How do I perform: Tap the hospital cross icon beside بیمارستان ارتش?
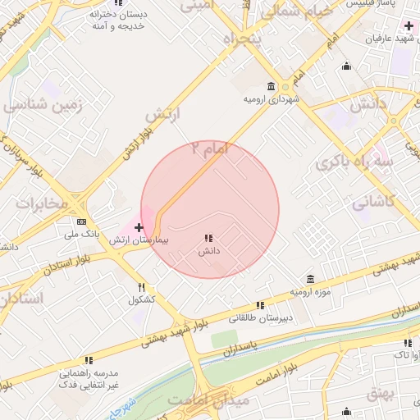139,227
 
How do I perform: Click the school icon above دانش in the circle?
208,237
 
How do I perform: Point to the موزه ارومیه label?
309,292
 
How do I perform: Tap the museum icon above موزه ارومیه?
310,279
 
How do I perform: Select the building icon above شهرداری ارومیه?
271,86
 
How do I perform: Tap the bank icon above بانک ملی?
81,221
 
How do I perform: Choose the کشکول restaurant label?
141,300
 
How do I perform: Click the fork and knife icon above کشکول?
141,287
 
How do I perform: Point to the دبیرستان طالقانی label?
260,317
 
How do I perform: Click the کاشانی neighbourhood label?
373,202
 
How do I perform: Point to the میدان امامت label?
209,399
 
